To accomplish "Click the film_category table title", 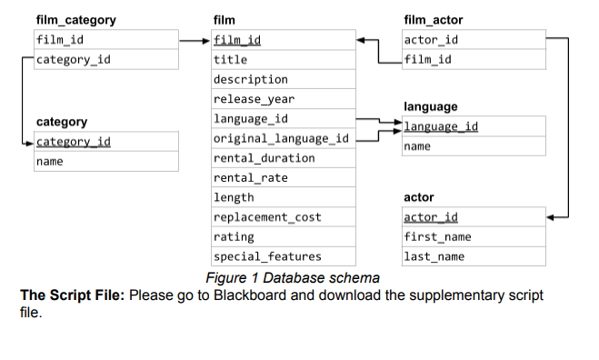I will [x=75, y=20].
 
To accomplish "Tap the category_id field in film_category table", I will [x=74, y=60].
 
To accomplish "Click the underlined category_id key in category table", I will [x=74, y=142].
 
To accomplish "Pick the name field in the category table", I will [x=50, y=162].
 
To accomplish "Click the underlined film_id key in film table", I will [x=237, y=40].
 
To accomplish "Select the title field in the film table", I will [x=230, y=60].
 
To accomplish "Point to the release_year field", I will [x=254, y=99].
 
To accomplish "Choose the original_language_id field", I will [x=281, y=138].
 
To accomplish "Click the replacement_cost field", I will [x=266, y=217].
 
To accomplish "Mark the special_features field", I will [x=267, y=256].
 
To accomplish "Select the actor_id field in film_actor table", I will [x=431, y=40].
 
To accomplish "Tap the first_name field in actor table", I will [x=437, y=237].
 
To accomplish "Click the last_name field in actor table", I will [x=434, y=256].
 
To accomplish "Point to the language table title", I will [x=430, y=107].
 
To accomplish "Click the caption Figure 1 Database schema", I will [x=292, y=277].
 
